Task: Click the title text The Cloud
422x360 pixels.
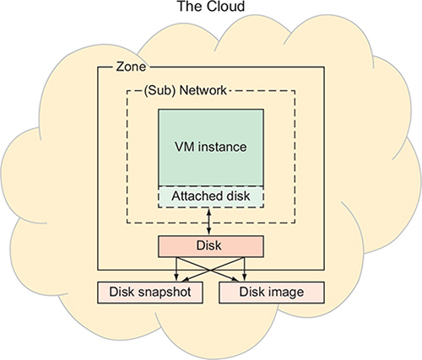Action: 211,6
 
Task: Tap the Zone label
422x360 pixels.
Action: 131,67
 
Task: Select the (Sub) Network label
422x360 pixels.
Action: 185,90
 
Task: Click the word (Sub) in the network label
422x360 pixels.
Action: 158,90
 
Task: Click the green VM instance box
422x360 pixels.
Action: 211,148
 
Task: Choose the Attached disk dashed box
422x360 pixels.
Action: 211,196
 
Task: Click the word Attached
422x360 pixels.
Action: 192,196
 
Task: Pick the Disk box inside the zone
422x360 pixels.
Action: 211,246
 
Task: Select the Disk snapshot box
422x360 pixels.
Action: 150,293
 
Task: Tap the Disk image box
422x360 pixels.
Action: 272,293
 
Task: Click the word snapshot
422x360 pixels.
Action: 165,293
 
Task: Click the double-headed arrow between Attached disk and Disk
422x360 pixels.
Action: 208,221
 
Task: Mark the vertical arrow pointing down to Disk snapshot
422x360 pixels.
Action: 176,269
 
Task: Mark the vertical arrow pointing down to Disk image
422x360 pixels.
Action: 245,269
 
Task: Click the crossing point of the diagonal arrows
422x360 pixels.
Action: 210,270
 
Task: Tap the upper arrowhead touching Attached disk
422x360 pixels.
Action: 208,210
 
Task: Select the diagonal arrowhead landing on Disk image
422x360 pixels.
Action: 235,279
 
